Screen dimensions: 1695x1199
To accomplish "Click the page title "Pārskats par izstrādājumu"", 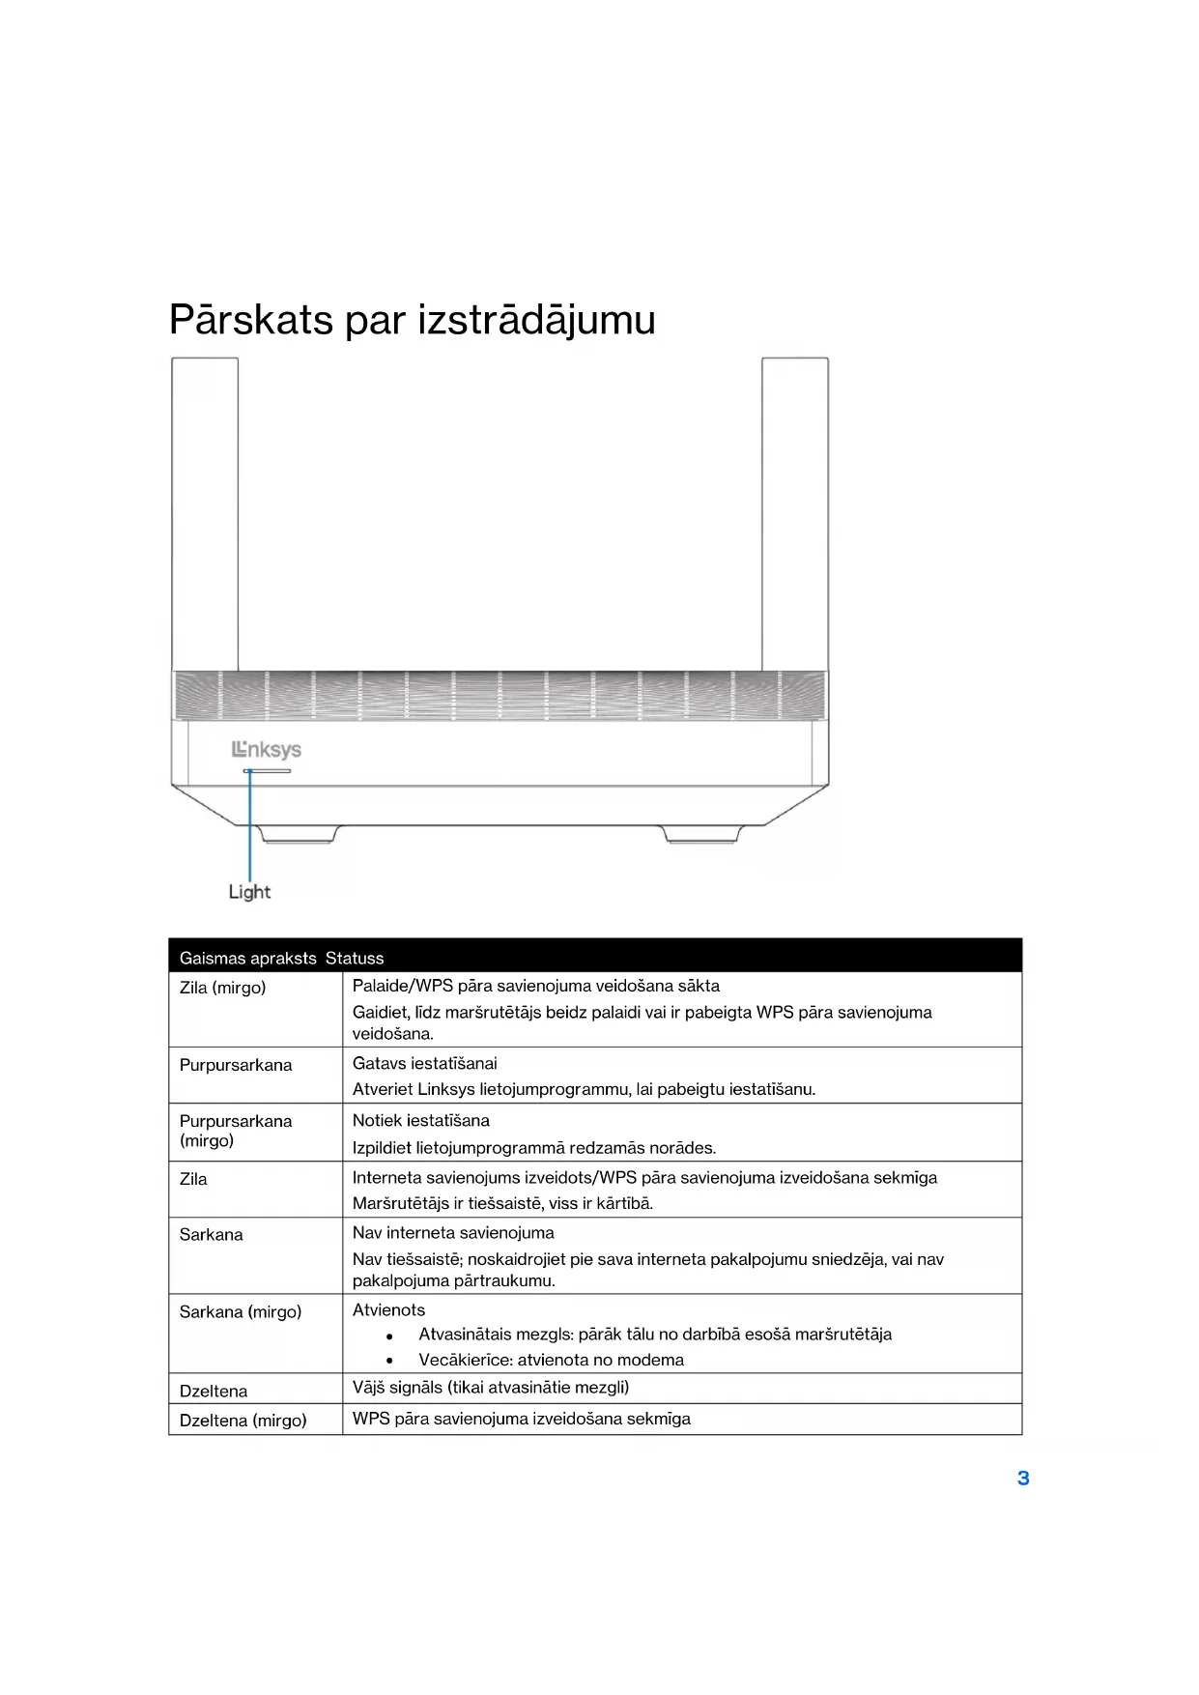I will coord(412,320).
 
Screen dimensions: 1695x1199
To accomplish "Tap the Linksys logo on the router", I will coord(267,749).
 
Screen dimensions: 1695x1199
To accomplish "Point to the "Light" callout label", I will coord(249,892).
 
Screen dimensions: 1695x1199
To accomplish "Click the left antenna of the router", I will coord(205,512).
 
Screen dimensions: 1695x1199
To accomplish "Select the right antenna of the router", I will coord(794,512).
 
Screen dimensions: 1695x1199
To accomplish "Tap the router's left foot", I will coord(299,834).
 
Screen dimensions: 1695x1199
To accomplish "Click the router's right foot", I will coord(701,834).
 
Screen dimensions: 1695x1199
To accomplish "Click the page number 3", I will coord(1023,1478).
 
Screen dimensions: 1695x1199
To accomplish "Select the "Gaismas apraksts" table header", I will coord(247,958).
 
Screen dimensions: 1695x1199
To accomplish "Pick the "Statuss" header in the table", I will coord(355,958).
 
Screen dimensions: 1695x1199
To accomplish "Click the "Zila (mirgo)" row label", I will coord(222,988).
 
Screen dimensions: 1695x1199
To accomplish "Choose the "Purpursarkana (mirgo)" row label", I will coord(235,1131).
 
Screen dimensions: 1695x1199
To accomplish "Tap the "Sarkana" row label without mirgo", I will coord(211,1234).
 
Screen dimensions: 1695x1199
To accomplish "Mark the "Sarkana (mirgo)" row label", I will coord(240,1311).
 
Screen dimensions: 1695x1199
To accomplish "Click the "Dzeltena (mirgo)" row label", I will coord(243,1420).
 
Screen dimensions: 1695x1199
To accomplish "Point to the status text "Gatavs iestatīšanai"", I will coord(424,1063).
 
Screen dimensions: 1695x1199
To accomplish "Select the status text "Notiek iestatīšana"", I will coord(420,1120).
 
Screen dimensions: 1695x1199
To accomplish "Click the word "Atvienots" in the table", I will coord(388,1309).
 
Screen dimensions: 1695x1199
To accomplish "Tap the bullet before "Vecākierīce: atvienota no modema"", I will coord(389,1361).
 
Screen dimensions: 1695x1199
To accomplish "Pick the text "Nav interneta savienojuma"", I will coord(453,1232).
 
